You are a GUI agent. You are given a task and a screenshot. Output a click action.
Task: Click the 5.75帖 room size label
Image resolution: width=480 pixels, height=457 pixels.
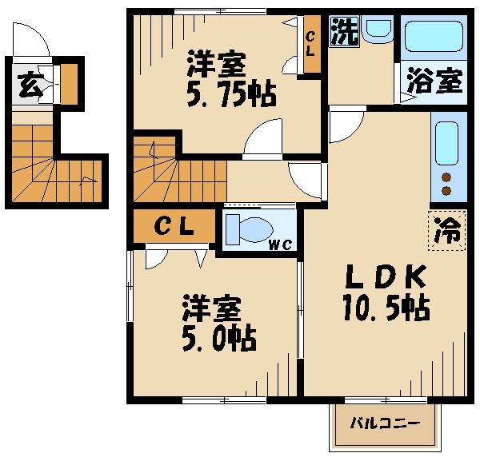[232, 96]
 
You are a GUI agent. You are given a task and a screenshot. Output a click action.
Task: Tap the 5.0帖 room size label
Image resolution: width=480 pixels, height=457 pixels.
[218, 340]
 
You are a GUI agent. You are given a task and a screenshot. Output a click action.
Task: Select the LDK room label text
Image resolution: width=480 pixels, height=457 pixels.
[386, 277]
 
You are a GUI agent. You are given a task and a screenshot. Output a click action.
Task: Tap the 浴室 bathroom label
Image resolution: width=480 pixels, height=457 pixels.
[434, 81]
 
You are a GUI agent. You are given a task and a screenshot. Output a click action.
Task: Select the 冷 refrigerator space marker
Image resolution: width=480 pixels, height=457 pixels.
[448, 231]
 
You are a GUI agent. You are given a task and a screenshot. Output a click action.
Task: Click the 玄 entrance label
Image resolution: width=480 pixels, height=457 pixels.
[30, 84]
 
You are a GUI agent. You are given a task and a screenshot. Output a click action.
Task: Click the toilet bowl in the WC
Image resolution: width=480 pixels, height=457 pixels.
[247, 228]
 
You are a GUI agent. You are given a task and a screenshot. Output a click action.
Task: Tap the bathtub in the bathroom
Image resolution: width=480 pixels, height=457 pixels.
[432, 37]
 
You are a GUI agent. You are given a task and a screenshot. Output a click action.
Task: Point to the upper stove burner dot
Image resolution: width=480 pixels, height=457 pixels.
[447, 177]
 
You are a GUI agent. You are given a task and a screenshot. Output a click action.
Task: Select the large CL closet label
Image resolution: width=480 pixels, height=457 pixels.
[174, 227]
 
